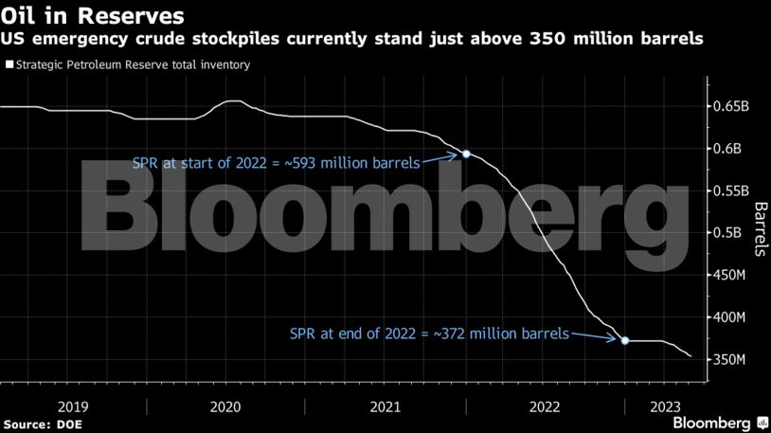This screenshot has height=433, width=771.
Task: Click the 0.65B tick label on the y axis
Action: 730,106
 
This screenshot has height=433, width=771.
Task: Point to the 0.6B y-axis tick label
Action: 726,149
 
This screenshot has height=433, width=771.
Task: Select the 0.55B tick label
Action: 730,190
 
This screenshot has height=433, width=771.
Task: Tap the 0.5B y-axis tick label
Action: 726,233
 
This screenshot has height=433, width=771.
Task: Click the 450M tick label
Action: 729,275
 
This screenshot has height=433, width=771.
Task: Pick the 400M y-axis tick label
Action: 729,317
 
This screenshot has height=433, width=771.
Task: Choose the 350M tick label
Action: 729,360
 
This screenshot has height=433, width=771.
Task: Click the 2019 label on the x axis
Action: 74,406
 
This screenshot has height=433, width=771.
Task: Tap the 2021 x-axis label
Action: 386,406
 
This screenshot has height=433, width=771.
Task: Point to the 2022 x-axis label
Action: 546,406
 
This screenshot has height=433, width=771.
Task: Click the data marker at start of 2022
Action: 466,153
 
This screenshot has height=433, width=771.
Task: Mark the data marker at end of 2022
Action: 624,340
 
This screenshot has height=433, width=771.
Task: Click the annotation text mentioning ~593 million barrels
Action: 277,163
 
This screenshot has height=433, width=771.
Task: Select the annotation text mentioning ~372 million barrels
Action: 429,334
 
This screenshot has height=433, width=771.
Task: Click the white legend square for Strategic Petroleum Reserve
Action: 9,65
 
